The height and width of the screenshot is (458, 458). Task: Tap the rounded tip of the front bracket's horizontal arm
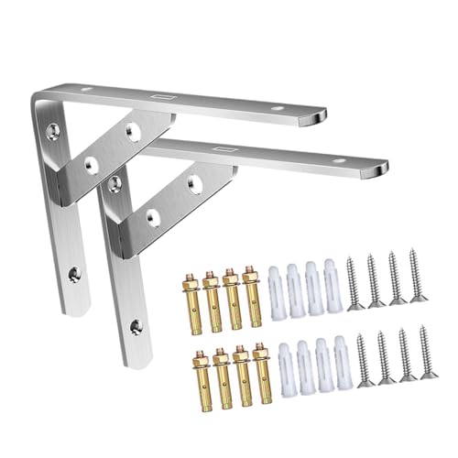click(378, 169)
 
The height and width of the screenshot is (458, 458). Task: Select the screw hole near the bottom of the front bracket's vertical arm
click(138, 324)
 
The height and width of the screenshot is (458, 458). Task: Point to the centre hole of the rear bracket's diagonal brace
click(91, 161)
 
